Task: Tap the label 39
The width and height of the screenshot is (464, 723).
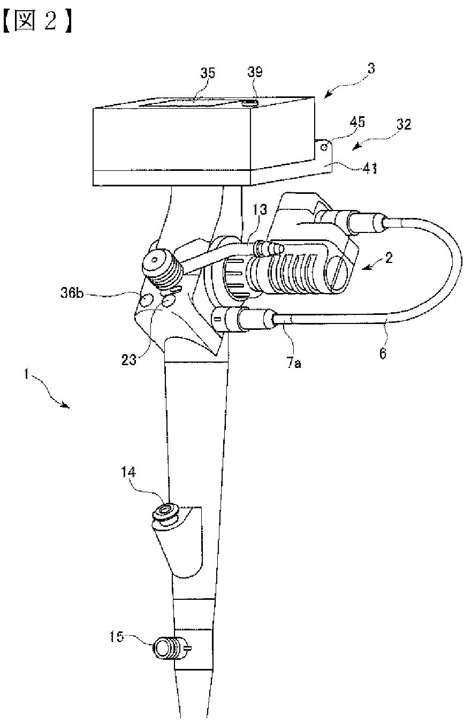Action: click(255, 73)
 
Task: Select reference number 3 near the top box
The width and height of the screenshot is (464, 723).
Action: click(371, 69)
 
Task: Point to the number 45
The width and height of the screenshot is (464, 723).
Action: click(358, 123)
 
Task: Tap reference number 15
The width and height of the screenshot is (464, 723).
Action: click(117, 637)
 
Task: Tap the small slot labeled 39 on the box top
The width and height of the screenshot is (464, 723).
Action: click(250, 102)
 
